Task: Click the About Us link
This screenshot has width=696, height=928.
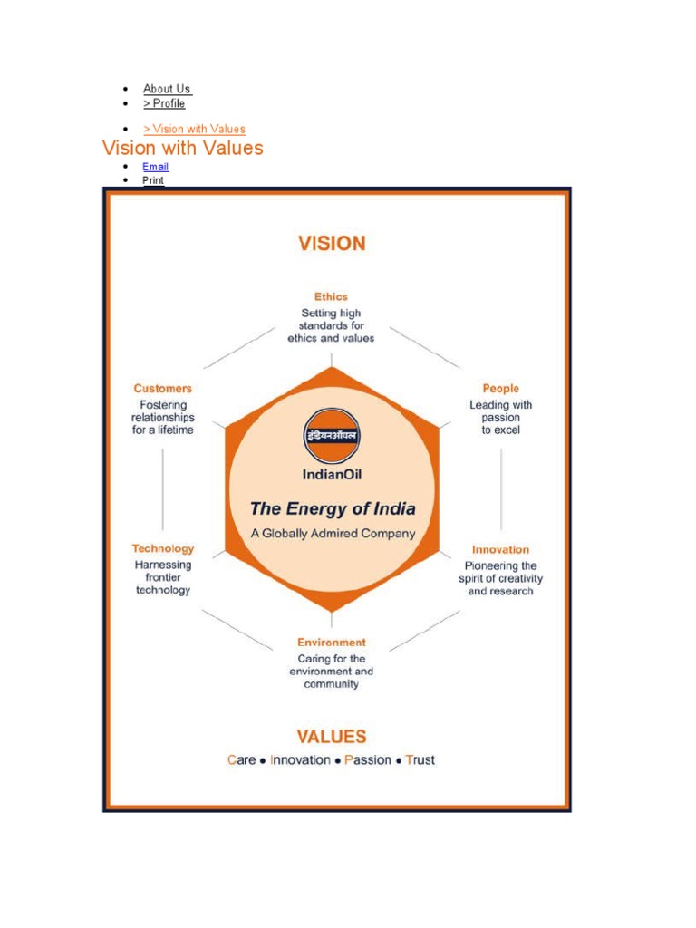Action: (167, 89)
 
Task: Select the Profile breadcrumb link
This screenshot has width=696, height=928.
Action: (164, 104)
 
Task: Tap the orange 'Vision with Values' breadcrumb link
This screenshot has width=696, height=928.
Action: (194, 130)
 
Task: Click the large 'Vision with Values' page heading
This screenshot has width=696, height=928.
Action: (183, 148)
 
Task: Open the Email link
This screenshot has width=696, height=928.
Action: (155, 167)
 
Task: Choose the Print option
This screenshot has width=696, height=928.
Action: (153, 180)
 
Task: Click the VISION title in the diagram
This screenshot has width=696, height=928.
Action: (332, 244)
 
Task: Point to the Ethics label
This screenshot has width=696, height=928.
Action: (331, 296)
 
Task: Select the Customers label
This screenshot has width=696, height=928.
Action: (163, 389)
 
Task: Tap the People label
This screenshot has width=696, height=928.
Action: (500, 389)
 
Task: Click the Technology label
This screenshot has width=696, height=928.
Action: (163, 548)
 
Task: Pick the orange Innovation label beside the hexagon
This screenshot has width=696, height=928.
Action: (500, 549)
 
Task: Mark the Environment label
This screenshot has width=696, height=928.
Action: (332, 642)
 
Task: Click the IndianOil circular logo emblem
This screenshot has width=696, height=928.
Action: (331, 436)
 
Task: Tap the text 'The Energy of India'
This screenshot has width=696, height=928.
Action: (333, 508)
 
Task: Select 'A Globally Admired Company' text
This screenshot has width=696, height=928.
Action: (333, 534)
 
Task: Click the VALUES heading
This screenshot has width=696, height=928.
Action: (332, 737)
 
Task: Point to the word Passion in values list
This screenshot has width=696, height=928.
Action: (368, 760)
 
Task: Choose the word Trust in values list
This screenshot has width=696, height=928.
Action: (420, 760)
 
